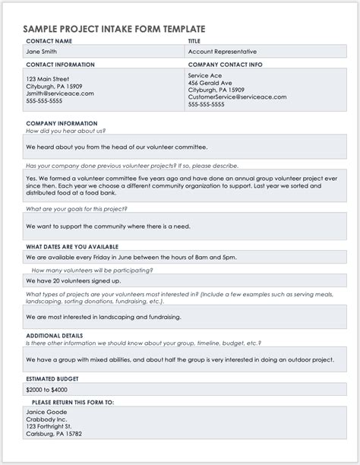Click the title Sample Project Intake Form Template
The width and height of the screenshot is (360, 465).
(114, 28)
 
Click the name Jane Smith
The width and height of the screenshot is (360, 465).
(43, 52)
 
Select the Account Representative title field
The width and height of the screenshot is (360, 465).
(224, 52)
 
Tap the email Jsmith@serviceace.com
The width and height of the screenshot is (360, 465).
(60, 93)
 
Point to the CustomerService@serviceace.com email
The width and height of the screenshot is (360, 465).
(237, 97)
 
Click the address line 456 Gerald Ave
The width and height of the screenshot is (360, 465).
(210, 83)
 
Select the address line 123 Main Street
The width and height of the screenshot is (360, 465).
(48, 79)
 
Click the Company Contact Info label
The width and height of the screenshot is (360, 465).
(225, 65)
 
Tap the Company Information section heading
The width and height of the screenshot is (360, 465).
(62, 123)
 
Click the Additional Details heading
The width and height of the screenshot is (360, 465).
(54, 335)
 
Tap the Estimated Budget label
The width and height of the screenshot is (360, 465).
(52, 378)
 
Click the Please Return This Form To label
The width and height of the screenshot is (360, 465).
(73, 402)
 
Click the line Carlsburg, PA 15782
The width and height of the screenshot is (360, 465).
(54, 434)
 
